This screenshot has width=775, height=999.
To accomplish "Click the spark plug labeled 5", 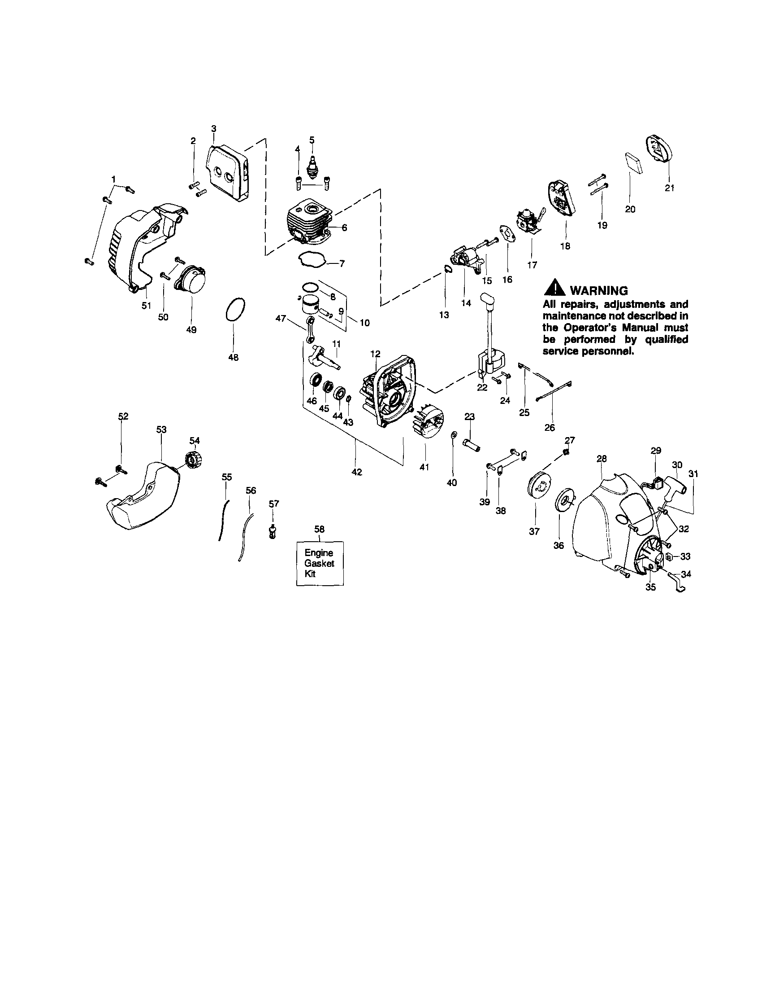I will coord(312,167).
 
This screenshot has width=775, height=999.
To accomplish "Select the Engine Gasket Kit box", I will coord(320,563).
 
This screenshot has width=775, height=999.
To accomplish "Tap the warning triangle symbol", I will coord(554,289).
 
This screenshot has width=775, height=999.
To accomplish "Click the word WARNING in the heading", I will coord(598,290).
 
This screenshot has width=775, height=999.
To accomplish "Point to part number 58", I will coord(320,529).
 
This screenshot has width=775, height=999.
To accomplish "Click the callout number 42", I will coord(356,473).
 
